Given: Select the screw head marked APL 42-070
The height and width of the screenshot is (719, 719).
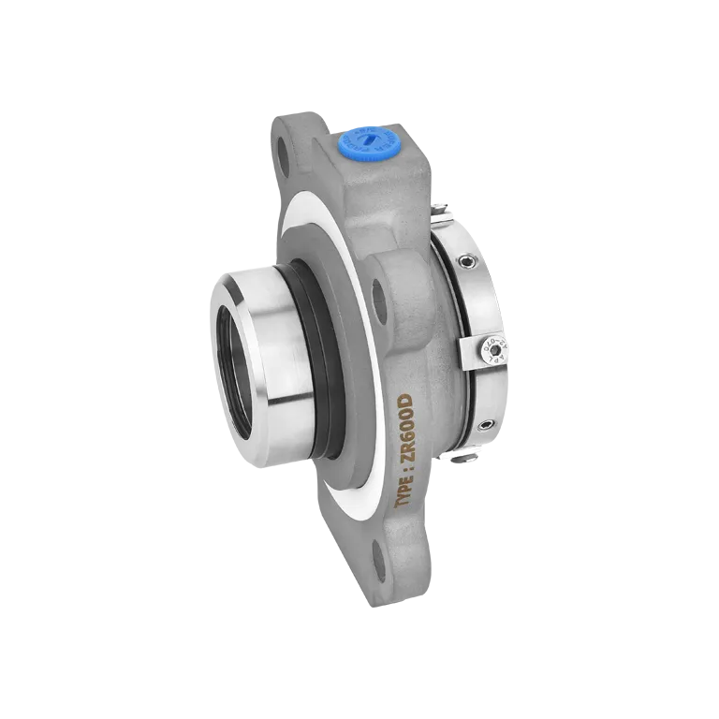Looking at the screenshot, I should pyautogui.click(x=488, y=348).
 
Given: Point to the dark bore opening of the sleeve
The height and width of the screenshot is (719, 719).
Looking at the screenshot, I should pyautogui.click(x=233, y=366).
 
